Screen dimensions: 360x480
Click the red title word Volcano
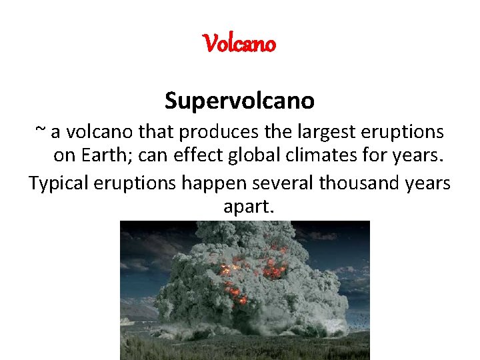(x=239, y=44)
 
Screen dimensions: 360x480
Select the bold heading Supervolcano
(x=239, y=101)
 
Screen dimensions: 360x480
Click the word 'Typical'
(x=59, y=183)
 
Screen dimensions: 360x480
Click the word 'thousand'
(x=349, y=183)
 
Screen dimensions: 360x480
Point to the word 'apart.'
(x=248, y=208)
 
